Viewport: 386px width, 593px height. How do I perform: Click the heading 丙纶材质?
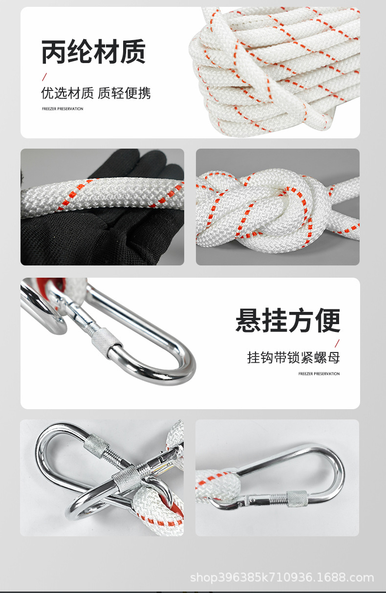coord(93,52)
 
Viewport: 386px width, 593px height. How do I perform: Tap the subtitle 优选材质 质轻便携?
coord(96,93)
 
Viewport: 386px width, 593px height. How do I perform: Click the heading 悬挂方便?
coord(288,321)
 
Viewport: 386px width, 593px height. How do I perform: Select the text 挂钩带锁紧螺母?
coord(293,357)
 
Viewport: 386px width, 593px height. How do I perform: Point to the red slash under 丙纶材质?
coord(44,77)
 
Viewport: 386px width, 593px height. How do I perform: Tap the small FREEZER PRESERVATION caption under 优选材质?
coord(63,109)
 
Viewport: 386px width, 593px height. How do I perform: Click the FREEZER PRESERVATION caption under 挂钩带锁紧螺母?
coord(319,374)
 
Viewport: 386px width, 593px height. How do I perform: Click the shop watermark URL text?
coord(282,578)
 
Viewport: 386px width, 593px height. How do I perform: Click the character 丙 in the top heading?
coord(54,52)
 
